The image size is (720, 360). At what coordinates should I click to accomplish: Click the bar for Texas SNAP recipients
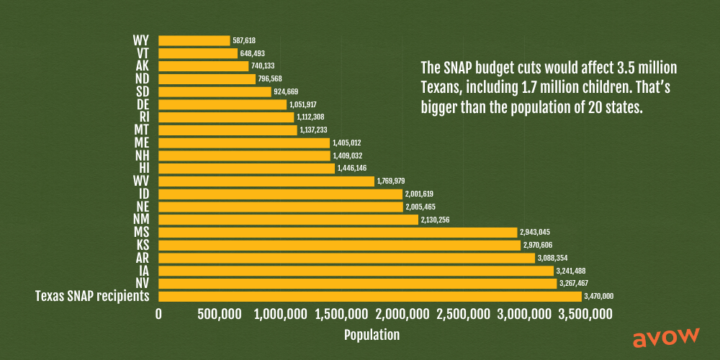(369, 297)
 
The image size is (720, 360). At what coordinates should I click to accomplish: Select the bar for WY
(194, 40)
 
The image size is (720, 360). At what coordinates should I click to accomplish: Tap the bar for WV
(266, 181)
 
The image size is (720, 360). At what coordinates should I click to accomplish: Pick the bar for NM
(288, 220)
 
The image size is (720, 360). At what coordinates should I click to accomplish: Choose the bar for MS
(338, 233)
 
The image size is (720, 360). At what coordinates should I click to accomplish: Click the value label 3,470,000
(600, 297)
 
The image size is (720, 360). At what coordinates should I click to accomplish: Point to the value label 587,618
(245, 41)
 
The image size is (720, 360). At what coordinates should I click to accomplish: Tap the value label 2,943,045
(536, 233)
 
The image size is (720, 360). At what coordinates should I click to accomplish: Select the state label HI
(143, 168)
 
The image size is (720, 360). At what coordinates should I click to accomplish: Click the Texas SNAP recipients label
(92, 297)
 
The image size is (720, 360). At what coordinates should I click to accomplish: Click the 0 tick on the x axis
(159, 315)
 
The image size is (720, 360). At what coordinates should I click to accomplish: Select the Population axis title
(372, 335)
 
